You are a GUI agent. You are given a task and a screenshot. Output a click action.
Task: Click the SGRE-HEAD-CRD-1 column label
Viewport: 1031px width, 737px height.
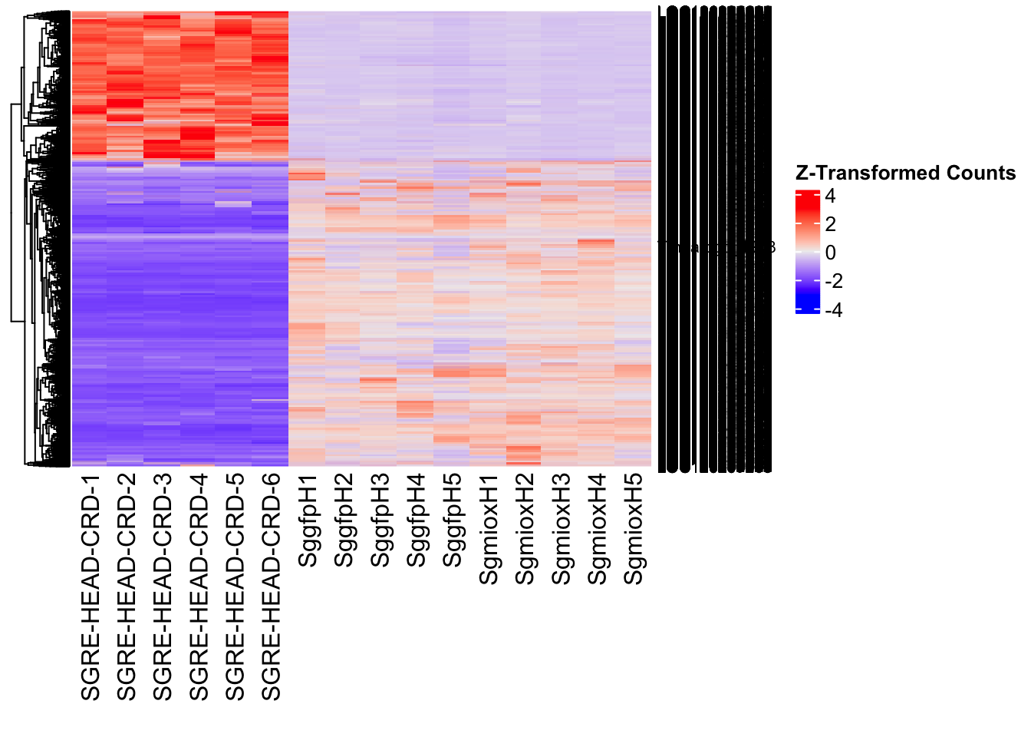coord(91,587)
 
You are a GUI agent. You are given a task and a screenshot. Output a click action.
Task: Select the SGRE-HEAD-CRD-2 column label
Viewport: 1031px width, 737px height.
coord(127,587)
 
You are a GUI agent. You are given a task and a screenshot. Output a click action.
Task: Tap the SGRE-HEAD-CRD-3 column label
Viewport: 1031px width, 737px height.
coord(163,587)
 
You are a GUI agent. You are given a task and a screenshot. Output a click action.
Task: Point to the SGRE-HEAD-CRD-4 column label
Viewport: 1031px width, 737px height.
coord(199,587)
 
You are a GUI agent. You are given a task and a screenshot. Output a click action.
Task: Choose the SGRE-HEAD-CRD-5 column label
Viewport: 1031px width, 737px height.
coord(235,587)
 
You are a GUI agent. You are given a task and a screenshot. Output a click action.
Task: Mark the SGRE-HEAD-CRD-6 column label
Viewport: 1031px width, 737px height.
coord(272,587)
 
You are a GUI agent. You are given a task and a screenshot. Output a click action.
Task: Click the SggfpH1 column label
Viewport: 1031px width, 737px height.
coord(308,521)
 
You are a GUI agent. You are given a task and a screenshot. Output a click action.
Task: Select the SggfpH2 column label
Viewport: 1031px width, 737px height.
coord(344,521)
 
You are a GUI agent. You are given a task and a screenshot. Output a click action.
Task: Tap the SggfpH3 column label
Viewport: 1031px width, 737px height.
coord(380,521)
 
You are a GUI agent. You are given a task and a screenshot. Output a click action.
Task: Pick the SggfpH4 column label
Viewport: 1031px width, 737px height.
coord(416,521)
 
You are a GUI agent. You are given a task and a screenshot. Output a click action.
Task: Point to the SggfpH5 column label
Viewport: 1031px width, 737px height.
coord(453,521)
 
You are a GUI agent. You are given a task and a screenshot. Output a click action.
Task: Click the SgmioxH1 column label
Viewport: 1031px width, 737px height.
coord(489,530)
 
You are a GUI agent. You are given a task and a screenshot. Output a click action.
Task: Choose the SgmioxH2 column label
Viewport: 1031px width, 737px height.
coord(525,530)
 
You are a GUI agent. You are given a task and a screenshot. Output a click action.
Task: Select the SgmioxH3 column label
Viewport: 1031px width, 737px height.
coord(561,530)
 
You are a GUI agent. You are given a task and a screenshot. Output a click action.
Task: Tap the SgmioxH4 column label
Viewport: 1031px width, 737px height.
coord(597,530)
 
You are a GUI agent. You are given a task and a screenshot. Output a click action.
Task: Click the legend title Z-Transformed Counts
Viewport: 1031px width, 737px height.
coord(905,173)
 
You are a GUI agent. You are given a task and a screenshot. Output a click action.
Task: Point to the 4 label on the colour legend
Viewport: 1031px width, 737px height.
coord(830,196)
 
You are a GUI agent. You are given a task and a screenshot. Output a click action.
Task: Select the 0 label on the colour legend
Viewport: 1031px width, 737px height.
coord(831,253)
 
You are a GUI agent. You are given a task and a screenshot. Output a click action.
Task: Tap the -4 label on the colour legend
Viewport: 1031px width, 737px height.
coord(834,310)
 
